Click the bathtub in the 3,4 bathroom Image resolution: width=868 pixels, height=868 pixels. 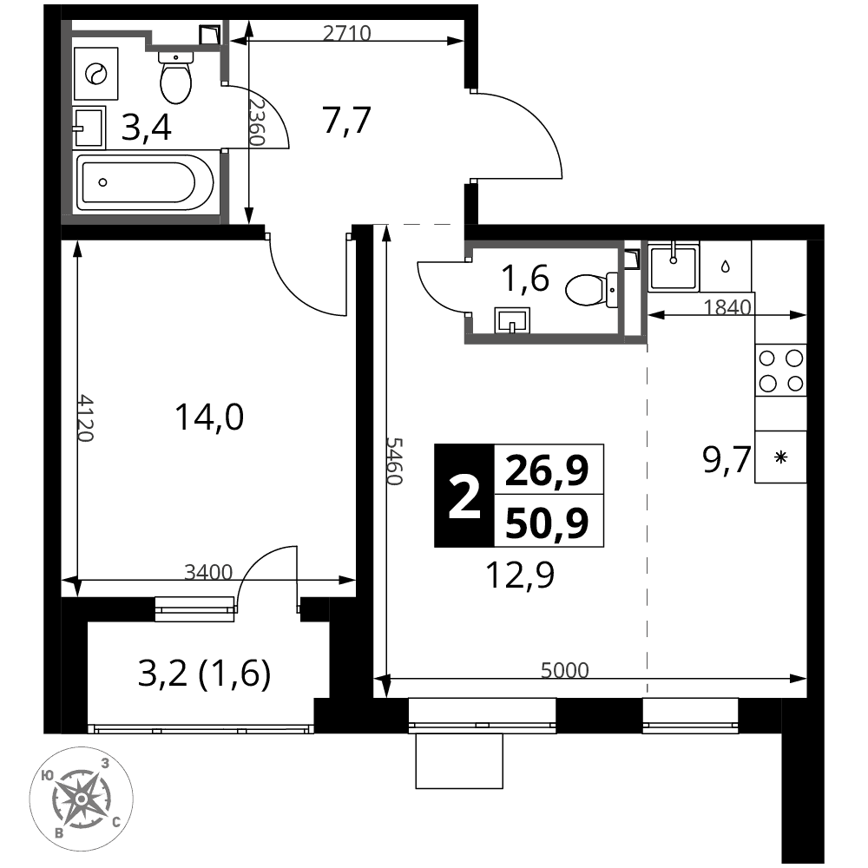coord(144,182)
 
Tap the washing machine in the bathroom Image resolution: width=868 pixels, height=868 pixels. coord(95,73)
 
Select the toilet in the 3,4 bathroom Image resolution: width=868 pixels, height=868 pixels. coord(175,77)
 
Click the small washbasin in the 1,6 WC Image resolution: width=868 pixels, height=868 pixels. coord(512,320)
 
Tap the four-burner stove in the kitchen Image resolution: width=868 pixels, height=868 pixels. coord(780,371)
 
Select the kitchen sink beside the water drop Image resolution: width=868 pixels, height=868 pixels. coord(673,268)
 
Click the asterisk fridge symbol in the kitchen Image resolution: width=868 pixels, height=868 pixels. coord(780,457)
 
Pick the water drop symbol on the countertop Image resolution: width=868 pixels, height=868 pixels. coord(725,266)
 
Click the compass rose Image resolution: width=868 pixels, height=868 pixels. coord(81,799)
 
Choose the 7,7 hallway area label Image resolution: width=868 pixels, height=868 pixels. coord(346,120)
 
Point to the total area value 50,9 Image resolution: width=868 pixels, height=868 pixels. coord(547,523)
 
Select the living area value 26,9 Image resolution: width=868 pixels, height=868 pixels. coord(547,470)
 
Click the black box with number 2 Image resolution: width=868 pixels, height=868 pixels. coord(464,496)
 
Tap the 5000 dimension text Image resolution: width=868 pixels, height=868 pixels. coord(565,670)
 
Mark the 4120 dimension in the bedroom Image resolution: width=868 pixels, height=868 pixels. coord(85,418)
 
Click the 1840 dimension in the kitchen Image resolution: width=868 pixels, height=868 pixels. coord(727,306)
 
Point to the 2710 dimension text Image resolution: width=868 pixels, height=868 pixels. coord(346,33)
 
